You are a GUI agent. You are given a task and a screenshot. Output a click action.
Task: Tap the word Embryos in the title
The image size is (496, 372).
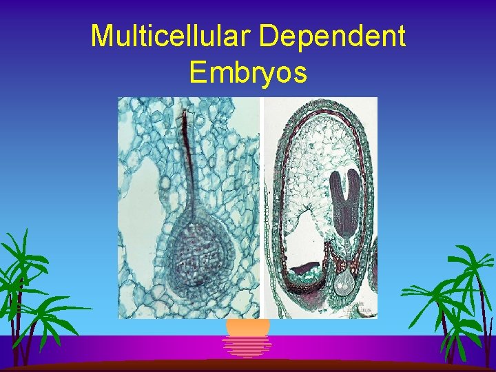pyautogui.click(x=248, y=71)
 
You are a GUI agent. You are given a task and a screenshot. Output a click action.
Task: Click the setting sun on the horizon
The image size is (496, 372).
pyautogui.click(x=248, y=327)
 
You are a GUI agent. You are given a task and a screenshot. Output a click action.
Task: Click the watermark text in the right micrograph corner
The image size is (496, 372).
pyautogui.click(x=358, y=307)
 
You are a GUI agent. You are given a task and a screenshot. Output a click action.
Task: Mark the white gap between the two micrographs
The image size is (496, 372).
pyautogui.click(x=262, y=207)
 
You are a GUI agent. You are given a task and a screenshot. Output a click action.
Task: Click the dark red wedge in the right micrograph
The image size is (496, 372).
pyautogui.click(x=303, y=269)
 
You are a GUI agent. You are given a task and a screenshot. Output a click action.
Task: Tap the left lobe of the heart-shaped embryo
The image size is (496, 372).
pyautogui.click(x=338, y=183)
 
